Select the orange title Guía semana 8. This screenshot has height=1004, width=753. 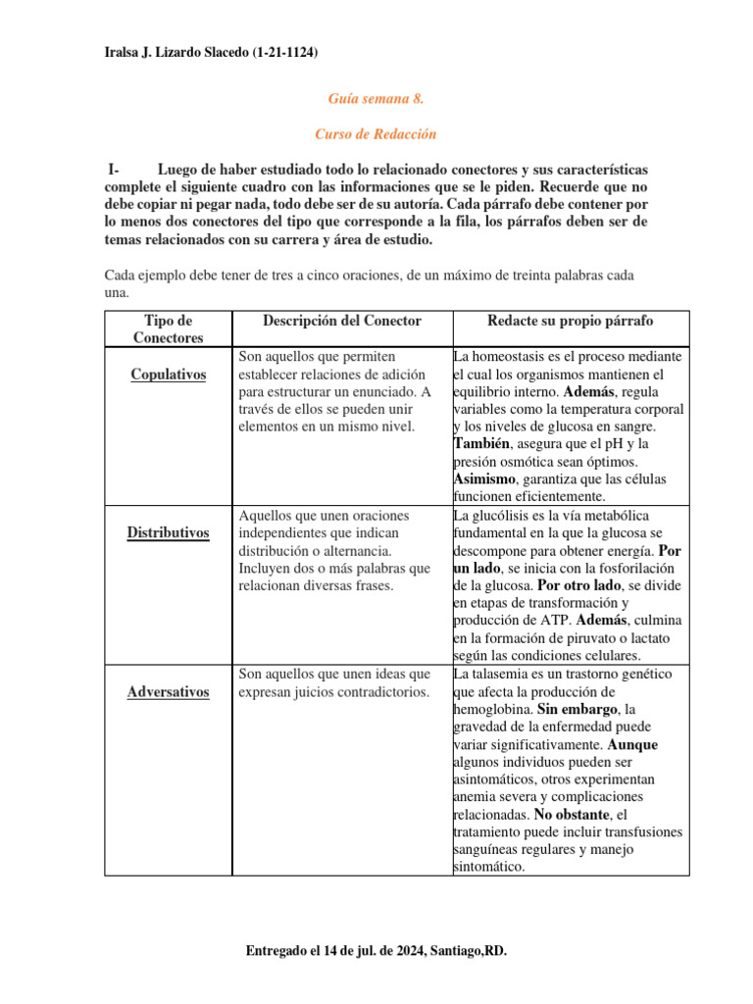(x=375, y=99)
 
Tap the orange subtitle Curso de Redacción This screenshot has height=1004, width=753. (x=375, y=133)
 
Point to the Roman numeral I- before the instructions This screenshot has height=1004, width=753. (x=114, y=170)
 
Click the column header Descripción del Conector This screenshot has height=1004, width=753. (x=341, y=322)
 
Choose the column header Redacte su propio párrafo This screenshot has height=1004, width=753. (x=570, y=322)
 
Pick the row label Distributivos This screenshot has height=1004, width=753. (x=168, y=532)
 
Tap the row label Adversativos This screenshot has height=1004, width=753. (x=168, y=692)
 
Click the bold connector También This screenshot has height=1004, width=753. (x=481, y=444)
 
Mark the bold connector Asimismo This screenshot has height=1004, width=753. (x=485, y=478)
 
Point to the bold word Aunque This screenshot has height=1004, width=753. (x=632, y=744)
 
